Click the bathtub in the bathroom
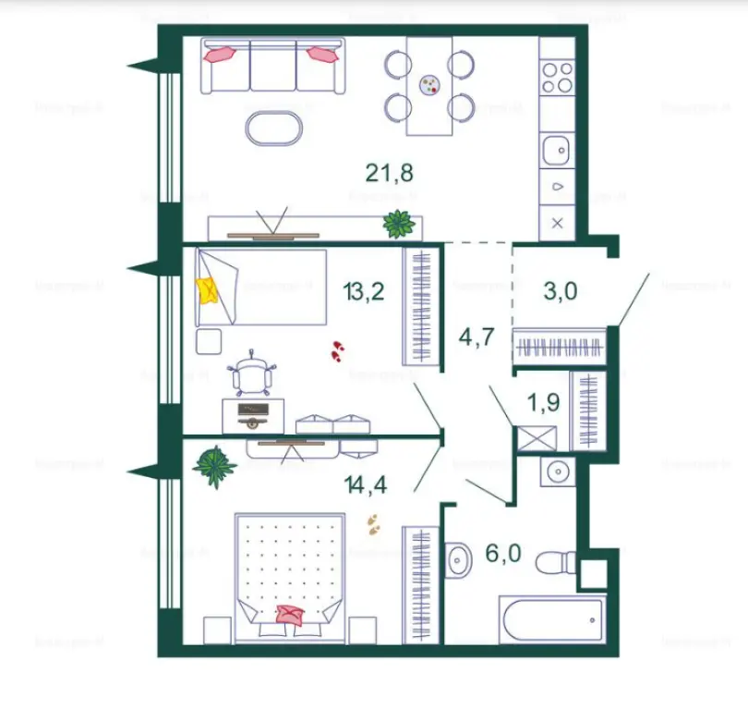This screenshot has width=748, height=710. pyautogui.click(x=552, y=619)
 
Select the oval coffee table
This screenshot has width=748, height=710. pyautogui.click(x=274, y=129)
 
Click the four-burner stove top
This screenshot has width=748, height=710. pyautogui.click(x=558, y=77)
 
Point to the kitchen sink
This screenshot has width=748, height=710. pyautogui.click(x=558, y=148)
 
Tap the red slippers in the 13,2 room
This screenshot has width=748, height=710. pyautogui.click(x=337, y=350)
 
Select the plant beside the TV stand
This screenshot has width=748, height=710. pyautogui.click(x=399, y=223)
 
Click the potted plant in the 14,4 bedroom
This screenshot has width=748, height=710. pyautogui.click(x=215, y=466)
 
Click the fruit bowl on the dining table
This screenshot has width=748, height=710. pyautogui.click(x=430, y=86)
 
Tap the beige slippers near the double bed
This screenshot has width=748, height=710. pyautogui.click(x=373, y=524)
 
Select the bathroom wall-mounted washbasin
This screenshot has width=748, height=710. pyautogui.click(x=457, y=561)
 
